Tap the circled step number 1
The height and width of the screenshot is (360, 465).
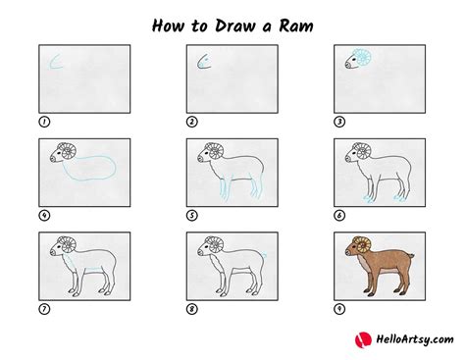pyautogui.click(x=43, y=123)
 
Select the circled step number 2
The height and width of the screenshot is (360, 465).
pyautogui.click(x=192, y=123)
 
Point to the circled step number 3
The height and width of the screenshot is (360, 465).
pyautogui.click(x=339, y=123)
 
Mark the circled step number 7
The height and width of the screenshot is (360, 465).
pyautogui.click(x=43, y=308)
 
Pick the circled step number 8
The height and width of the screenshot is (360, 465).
pyautogui.click(x=192, y=308)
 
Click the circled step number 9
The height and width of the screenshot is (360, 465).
pyautogui.click(x=339, y=308)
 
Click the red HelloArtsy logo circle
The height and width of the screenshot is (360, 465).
pyautogui.click(x=361, y=339)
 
